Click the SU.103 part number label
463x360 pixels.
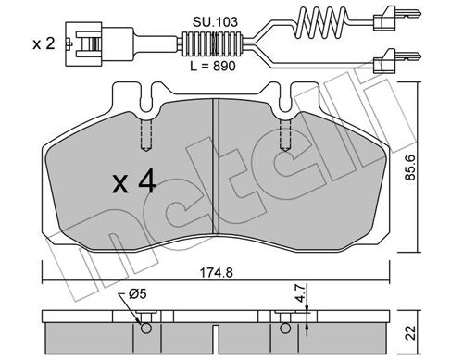coord(215,22)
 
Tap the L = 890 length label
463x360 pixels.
coord(213,66)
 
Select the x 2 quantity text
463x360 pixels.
coord(44,43)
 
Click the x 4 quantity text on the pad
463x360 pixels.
coord(134,183)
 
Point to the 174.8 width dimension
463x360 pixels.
coord(216,273)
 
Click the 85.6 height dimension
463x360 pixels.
coord(411,167)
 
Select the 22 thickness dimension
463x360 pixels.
coord(411,332)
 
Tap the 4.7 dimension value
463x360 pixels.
coord(301,293)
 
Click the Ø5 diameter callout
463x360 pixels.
coord(138,294)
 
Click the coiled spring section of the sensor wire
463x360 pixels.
coord(321,21)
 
